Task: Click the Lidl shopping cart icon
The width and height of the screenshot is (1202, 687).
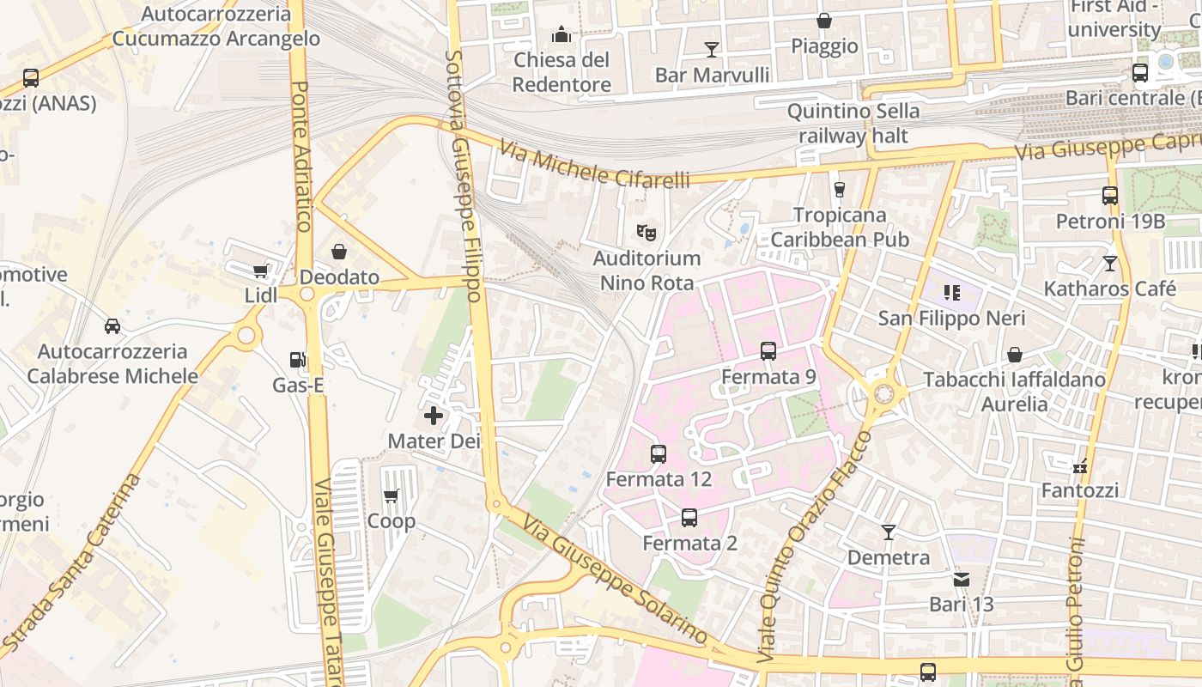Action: click(x=260, y=271)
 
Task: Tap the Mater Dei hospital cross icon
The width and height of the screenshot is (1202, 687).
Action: click(x=434, y=416)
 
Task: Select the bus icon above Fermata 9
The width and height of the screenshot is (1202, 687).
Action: click(x=768, y=351)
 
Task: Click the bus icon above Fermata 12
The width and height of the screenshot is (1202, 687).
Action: click(x=659, y=454)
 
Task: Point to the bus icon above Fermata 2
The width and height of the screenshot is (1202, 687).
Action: click(x=689, y=518)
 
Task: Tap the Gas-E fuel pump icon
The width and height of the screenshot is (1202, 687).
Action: click(x=297, y=361)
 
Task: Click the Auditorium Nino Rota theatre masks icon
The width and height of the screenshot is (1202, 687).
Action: click(x=647, y=232)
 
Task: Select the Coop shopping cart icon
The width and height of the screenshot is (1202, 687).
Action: click(x=392, y=495)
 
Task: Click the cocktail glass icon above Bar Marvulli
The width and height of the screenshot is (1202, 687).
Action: click(x=711, y=49)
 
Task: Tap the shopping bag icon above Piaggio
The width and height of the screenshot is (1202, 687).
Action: click(x=824, y=21)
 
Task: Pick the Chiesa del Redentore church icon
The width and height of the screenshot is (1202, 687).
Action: click(x=562, y=34)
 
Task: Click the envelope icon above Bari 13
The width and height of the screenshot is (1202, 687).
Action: click(x=962, y=580)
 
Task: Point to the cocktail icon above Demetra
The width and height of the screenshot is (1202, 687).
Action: click(x=889, y=532)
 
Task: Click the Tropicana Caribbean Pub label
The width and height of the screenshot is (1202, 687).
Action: click(x=839, y=227)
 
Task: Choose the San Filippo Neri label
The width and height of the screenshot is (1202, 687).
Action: click(x=951, y=319)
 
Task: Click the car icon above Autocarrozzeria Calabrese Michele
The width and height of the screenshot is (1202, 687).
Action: click(x=112, y=326)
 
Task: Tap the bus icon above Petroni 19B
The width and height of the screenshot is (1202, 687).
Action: click(x=1110, y=196)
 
